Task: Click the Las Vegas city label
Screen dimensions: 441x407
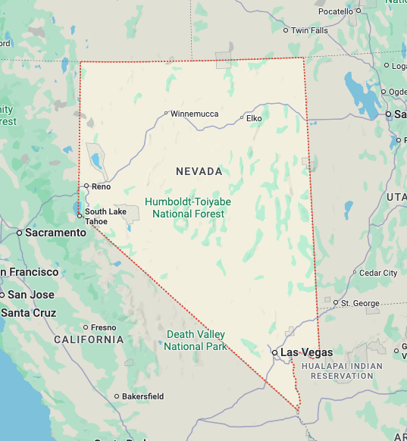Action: (x=306, y=352)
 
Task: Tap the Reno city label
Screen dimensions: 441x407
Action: (x=101, y=186)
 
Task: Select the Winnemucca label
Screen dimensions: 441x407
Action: (x=194, y=114)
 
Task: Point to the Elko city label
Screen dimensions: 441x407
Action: (x=254, y=118)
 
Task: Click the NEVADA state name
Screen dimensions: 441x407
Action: (x=199, y=171)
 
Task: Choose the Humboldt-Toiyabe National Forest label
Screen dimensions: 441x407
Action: (x=188, y=208)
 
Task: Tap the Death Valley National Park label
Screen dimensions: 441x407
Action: (x=196, y=340)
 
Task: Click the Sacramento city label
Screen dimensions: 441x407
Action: (x=55, y=233)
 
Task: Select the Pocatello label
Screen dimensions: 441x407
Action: (x=335, y=11)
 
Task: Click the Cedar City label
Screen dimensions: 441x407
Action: (x=378, y=273)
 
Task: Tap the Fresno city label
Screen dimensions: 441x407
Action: (x=104, y=327)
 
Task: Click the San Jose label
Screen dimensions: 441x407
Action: (x=30, y=294)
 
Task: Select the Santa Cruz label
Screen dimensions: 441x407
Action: (x=28, y=312)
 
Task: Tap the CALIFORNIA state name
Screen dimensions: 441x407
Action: (x=89, y=339)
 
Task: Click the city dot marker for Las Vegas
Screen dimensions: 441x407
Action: (x=275, y=352)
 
